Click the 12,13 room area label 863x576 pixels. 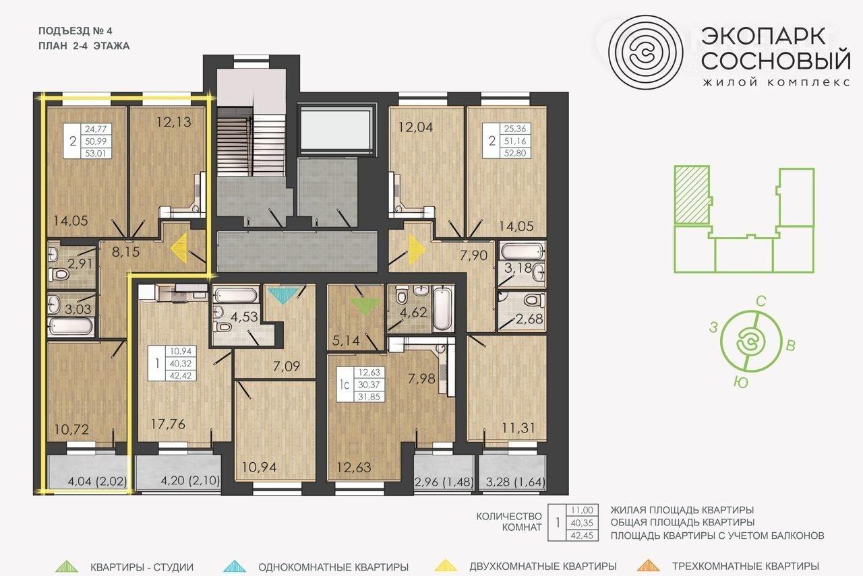click(x=173, y=122)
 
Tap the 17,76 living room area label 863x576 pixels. click(x=168, y=424)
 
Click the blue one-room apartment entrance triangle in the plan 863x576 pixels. click(x=283, y=296)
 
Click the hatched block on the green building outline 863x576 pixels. click(x=692, y=195)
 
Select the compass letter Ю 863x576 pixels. click(x=741, y=383)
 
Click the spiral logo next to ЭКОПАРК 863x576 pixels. click(x=646, y=53)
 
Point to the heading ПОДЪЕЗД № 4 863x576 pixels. click(x=76, y=31)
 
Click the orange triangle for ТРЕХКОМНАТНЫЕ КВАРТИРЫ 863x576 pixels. click(x=649, y=566)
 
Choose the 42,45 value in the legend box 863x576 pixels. click(x=582, y=536)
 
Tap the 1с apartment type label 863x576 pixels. click(x=345, y=385)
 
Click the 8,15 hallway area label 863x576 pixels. click(x=125, y=252)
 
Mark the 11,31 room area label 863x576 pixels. click(x=518, y=428)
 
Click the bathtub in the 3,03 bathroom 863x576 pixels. click(x=71, y=327)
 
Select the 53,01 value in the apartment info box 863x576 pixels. click(x=96, y=154)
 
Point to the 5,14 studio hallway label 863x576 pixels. click(x=346, y=341)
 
